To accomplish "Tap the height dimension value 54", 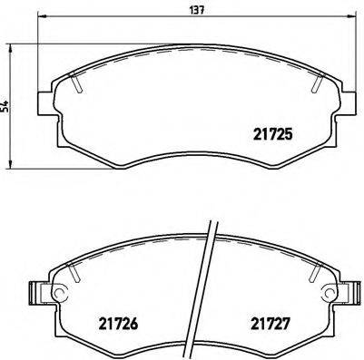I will click(x=8, y=107).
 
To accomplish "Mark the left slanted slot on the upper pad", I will click(x=78, y=83).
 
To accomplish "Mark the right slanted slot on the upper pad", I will click(x=318, y=83).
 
